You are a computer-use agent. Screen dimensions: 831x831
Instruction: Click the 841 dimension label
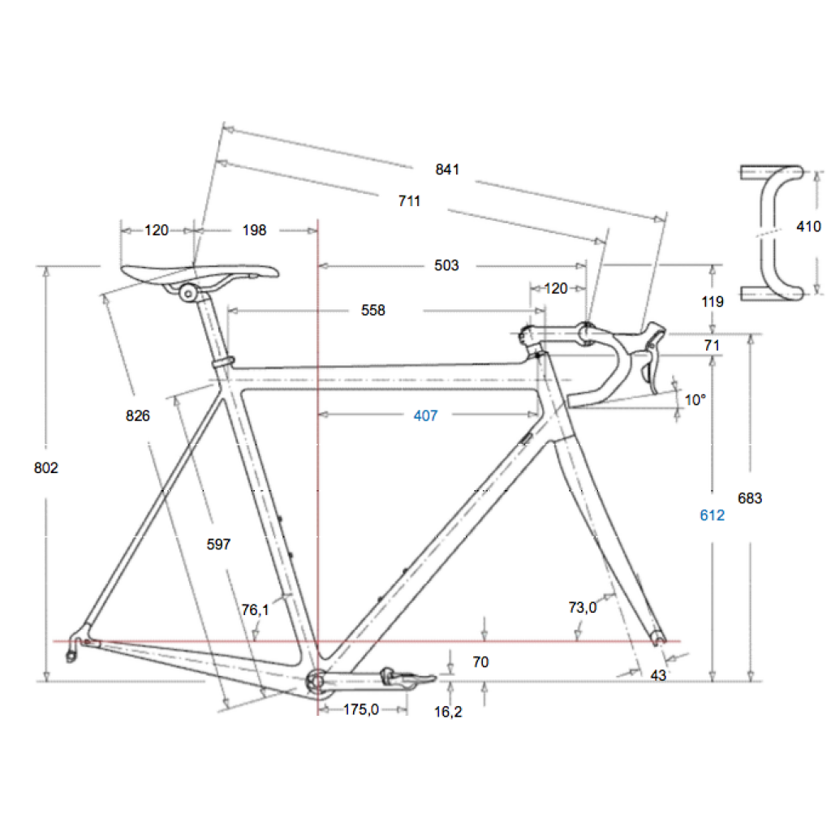pos(447,170)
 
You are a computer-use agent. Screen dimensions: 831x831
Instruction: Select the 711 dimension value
pos(409,201)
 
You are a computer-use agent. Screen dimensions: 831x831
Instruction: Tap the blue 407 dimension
pos(425,415)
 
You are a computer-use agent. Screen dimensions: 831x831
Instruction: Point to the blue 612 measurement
pos(712,515)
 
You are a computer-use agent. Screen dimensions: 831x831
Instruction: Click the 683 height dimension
pos(749,498)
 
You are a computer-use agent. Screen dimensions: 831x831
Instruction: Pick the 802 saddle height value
pos(46,468)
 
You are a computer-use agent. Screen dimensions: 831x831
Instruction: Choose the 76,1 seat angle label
pos(256,610)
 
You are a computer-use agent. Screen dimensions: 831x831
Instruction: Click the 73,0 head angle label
pos(583,607)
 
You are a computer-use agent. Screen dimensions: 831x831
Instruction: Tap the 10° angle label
pos(695,399)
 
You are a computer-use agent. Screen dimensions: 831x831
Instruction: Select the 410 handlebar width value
pos(808,226)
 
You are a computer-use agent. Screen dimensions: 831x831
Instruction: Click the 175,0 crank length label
pos(361,709)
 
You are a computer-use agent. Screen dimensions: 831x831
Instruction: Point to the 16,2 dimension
pos(448,712)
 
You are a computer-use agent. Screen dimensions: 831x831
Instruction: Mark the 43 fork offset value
pos(657,675)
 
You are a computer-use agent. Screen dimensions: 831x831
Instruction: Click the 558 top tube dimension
pos(373,310)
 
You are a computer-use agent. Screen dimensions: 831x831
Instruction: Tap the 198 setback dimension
pos(254,230)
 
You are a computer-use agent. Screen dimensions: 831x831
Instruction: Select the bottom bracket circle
pos(316,680)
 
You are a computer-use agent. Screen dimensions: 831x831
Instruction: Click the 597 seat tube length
pos(218,545)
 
